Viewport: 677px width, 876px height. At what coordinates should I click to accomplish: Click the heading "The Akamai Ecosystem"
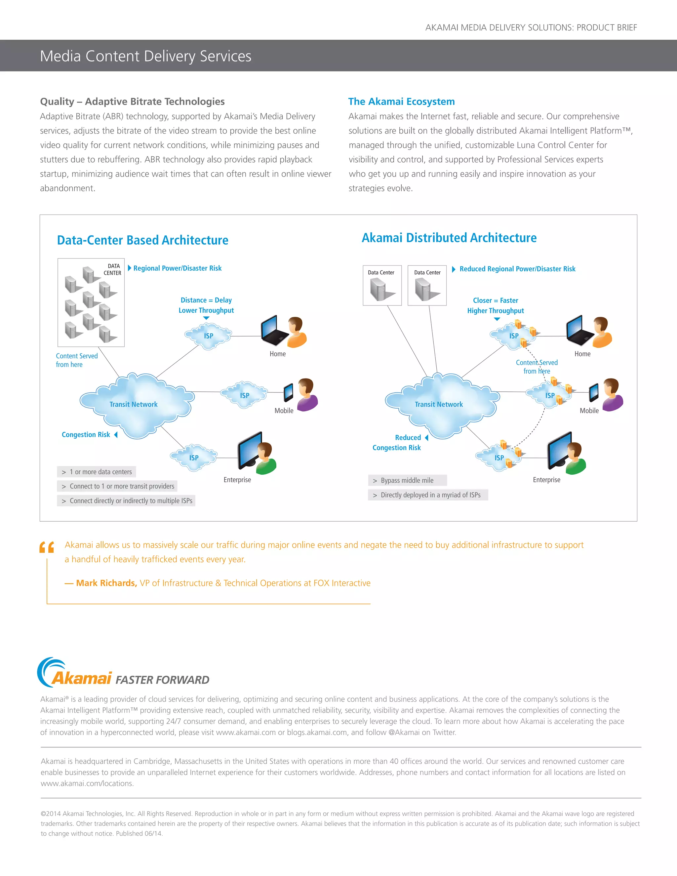(x=401, y=101)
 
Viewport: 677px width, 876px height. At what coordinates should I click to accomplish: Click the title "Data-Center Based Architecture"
(x=142, y=240)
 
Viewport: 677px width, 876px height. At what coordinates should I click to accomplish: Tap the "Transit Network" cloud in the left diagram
(x=134, y=404)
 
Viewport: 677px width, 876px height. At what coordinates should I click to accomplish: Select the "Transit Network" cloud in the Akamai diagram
(x=439, y=404)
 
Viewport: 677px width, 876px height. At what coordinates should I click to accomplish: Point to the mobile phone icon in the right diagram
(x=594, y=392)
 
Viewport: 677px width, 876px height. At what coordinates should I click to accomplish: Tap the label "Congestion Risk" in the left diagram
(x=86, y=435)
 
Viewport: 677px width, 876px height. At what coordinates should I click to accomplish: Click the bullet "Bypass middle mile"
(x=407, y=481)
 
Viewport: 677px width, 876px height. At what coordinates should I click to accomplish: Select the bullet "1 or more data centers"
(x=100, y=472)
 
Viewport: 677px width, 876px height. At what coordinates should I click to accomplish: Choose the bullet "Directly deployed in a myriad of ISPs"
(x=430, y=495)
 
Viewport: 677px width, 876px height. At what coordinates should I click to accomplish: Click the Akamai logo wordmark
(x=81, y=678)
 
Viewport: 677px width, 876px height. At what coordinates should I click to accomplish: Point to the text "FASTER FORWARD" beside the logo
(x=162, y=680)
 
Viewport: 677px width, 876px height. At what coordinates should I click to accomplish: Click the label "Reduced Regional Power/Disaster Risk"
(x=517, y=269)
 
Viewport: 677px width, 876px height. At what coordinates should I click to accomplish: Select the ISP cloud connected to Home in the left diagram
(x=208, y=336)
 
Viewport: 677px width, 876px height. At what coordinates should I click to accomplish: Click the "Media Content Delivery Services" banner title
(x=145, y=56)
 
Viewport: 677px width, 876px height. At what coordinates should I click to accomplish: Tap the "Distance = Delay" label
(x=206, y=300)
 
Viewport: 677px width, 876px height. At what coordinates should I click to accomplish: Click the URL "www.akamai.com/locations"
(x=87, y=783)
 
